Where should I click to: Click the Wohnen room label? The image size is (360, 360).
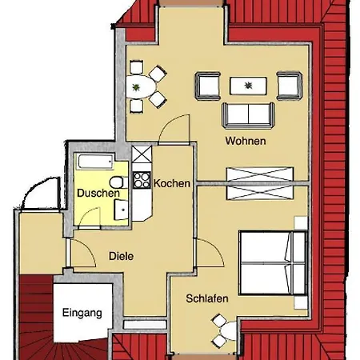point(245,142)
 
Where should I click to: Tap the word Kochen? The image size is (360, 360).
point(172,183)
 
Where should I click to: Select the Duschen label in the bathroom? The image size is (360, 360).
point(98,193)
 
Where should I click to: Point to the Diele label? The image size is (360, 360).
point(122,256)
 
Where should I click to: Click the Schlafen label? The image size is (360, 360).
point(207,298)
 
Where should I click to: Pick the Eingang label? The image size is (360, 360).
point(82,314)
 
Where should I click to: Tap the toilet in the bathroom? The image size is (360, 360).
point(117,182)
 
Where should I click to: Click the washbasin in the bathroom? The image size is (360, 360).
point(120,210)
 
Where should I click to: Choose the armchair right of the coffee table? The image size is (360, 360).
point(289,85)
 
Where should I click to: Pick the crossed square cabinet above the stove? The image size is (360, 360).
point(142,154)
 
